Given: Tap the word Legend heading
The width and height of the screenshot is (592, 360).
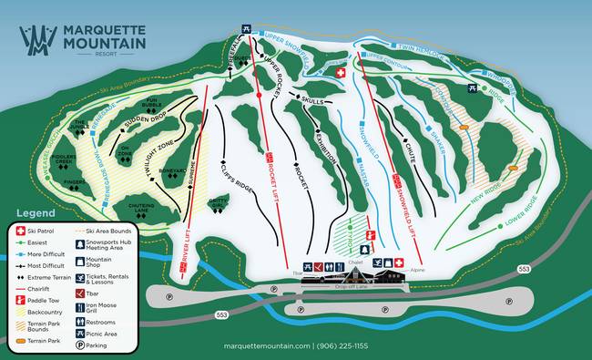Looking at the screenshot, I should coord(36,212).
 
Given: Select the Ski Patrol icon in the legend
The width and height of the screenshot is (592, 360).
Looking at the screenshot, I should coord(20,232).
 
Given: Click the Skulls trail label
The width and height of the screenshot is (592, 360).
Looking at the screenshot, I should coord(311,101).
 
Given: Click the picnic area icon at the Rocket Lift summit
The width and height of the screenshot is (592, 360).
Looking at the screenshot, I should coord(245,28).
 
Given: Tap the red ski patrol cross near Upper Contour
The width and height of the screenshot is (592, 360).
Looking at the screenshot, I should coord(341,72).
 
